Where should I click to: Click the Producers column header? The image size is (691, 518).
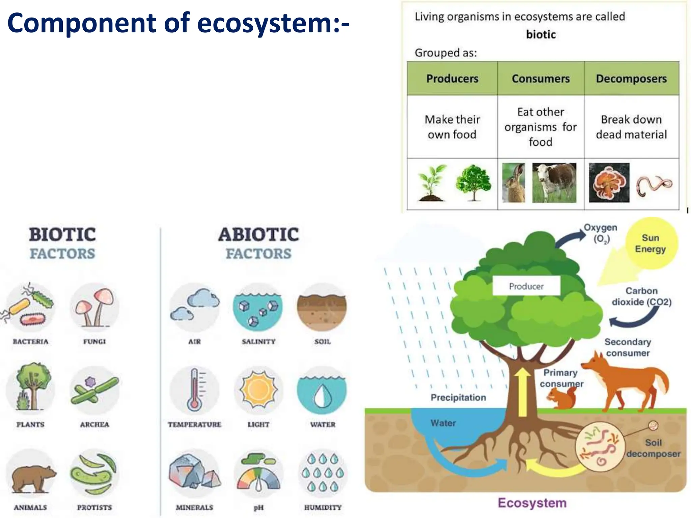pos(452,79)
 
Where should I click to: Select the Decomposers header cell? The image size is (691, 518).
pos(631,79)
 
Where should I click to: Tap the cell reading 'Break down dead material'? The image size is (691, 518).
pos(631,127)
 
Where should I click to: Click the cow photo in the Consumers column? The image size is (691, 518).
pos(554,182)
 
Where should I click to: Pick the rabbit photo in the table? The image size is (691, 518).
pos(514,182)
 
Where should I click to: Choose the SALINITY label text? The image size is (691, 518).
pos(258,342)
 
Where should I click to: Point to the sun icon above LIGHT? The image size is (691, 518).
pos(258,390)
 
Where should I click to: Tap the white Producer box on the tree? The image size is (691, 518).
pos(526,286)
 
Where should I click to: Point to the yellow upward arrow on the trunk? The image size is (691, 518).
pos(523,391)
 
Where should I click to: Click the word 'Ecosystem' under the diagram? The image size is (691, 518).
pos(532,503)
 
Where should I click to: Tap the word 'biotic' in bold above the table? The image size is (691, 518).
pos(541,34)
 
